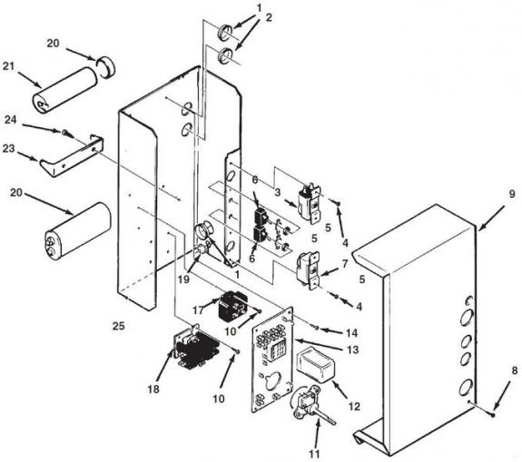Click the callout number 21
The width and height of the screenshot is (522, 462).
9,66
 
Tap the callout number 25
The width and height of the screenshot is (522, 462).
119,326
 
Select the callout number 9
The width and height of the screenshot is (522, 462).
511,193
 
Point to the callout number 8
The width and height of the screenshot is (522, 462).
515,371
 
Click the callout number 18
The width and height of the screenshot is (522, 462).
153,388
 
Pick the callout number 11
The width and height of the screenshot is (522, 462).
314,454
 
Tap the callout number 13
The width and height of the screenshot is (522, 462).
353,349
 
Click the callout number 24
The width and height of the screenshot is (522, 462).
10,120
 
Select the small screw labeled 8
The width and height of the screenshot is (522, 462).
493,415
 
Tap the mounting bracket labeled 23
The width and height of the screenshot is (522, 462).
71,156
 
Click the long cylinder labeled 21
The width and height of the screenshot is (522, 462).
65,90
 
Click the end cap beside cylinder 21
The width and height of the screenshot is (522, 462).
106,66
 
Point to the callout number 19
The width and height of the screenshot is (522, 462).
183,279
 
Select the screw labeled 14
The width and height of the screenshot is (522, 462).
316,329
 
